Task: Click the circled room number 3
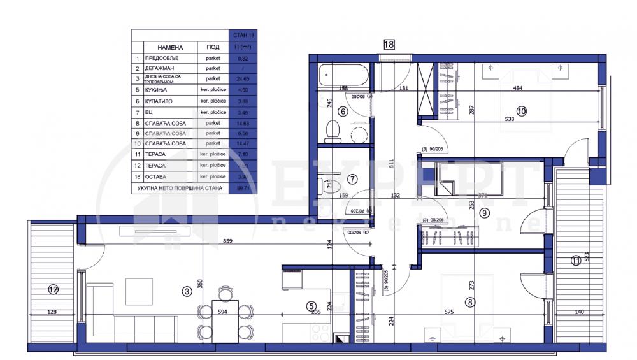(x=187, y=291)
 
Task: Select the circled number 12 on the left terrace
(x=53, y=290)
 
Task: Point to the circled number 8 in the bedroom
(x=470, y=303)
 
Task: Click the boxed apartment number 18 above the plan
(x=389, y=44)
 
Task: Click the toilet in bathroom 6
(x=331, y=131)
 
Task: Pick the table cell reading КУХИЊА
(x=157, y=90)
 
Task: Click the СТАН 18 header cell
(x=241, y=36)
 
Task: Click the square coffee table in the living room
(x=139, y=292)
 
